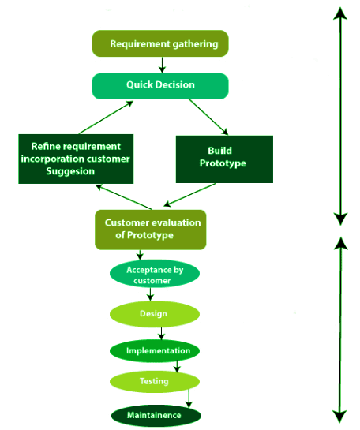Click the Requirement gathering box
[x=160, y=43]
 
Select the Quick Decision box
[x=160, y=85]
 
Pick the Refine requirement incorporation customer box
[x=75, y=159]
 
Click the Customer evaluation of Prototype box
[x=150, y=229]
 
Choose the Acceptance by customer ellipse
[x=155, y=274]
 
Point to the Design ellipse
[x=154, y=313]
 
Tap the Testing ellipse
[x=155, y=381]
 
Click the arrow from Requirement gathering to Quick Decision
[x=161, y=65]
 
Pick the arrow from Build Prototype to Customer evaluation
[x=190, y=196]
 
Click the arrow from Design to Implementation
[x=161, y=333]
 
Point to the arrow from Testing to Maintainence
[x=189, y=398]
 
